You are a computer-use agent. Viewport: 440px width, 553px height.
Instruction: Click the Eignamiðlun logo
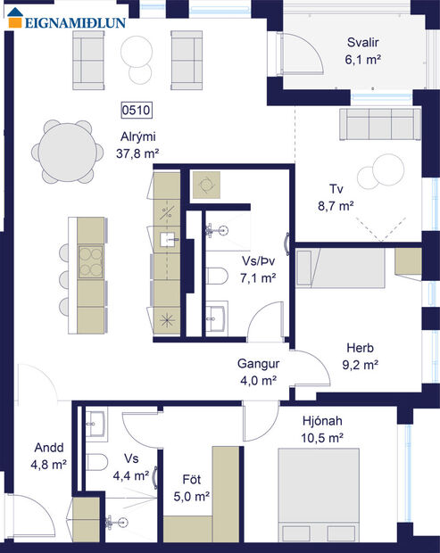click(68, 19)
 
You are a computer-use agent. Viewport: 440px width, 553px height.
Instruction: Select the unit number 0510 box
click(137, 111)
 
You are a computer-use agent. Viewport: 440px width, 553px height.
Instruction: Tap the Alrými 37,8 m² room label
click(137, 145)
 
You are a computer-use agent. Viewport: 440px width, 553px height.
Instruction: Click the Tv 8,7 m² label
click(336, 197)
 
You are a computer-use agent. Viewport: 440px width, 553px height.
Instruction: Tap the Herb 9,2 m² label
click(361, 356)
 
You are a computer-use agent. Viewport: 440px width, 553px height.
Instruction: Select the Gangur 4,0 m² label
click(259, 372)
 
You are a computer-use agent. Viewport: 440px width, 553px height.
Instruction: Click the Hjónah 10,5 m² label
click(325, 429)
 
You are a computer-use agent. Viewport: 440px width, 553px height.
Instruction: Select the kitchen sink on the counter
click(167, 239)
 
